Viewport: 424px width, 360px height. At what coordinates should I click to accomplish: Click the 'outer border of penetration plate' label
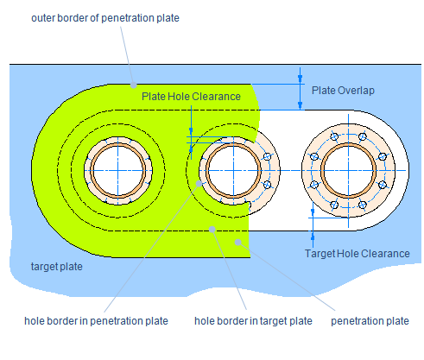(x=105, y=18)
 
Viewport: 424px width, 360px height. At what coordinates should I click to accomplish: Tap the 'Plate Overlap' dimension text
(x=343, y=91)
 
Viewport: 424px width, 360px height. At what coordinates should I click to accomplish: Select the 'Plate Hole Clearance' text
(x=191, y=97)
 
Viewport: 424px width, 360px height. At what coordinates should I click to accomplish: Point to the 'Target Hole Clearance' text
(x=358, y=254)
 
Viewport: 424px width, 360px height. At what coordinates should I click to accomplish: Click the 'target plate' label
(x=57, y=267)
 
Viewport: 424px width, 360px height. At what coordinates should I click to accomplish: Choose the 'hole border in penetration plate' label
(x=96, y=321)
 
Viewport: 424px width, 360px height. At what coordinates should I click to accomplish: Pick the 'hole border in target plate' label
(x=253, y=321)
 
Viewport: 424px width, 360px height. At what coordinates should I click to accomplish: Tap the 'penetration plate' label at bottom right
(x=370, y=321)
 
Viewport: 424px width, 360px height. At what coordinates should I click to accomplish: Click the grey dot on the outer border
(x=133, y=85)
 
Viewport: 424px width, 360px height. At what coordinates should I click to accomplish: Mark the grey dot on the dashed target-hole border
(x=212, y=230)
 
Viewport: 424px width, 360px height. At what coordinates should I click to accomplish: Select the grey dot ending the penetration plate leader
(x=237, y=242)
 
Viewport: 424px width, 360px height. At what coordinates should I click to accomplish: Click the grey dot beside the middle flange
(x=199, y=183)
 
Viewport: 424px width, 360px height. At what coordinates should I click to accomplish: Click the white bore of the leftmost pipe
(x=118, y=171)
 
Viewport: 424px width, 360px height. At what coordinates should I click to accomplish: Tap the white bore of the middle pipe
(x=233, y=171)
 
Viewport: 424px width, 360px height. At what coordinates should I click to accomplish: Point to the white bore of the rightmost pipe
(x=348, y=171)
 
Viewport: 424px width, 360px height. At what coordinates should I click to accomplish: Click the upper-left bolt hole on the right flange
(x=334, y=136)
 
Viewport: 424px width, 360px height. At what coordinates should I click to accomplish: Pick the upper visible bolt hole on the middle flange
(x=268, y=156)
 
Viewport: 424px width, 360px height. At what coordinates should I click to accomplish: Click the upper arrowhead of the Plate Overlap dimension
(x=301, y=79)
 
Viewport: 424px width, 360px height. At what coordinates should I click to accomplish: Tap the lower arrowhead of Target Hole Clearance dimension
(x=313, y=235)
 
